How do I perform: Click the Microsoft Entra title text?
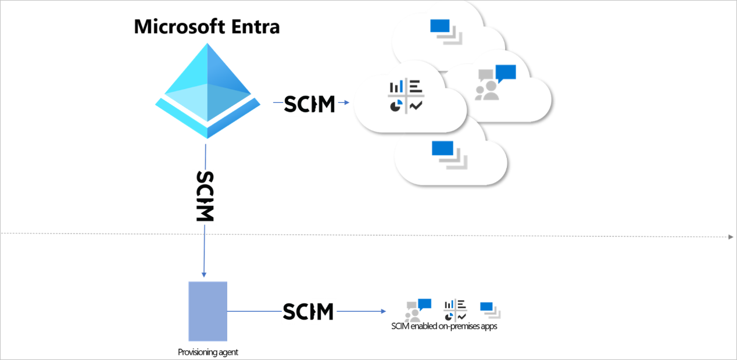207,27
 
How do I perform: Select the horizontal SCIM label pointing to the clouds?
309,104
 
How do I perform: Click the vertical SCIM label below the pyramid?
205,195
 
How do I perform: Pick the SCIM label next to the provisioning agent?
308,311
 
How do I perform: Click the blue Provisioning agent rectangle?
207,311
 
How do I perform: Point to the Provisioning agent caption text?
208,352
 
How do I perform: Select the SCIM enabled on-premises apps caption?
445,326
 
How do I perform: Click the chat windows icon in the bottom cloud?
446,155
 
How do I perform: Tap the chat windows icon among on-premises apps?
490,309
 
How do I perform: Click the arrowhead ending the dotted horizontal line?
730,237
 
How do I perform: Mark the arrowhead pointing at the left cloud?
346,103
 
